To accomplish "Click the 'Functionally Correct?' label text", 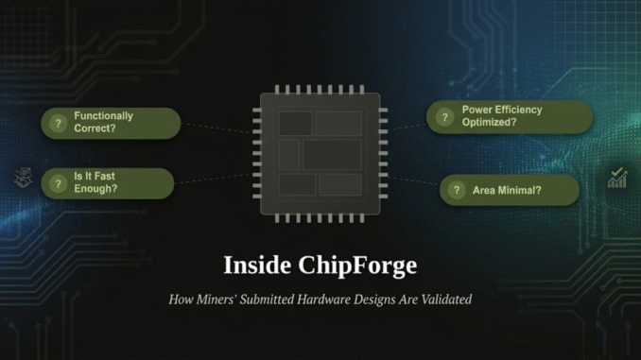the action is [103, 122].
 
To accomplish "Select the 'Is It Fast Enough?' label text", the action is [95, 182].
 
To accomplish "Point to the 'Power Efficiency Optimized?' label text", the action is [501, 116].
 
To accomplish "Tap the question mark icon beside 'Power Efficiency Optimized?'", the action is [443, 117].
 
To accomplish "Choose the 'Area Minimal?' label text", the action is [507, 190].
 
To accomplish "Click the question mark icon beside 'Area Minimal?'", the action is [457, 190].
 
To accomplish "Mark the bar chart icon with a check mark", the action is [617, 177].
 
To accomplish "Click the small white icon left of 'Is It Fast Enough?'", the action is [23, 178].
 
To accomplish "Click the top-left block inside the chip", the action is [295, 122].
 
